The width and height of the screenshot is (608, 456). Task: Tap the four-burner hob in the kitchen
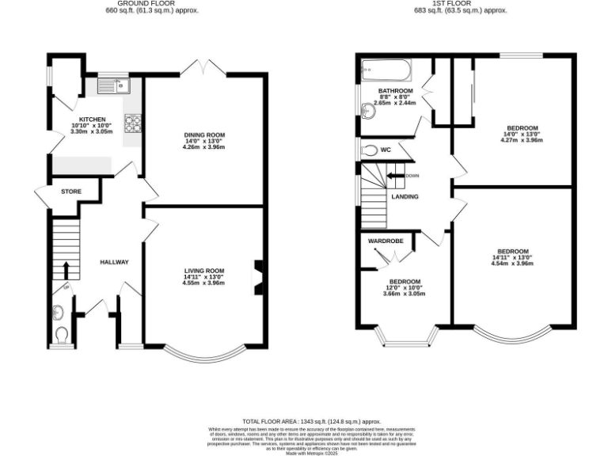(x=132, y=123)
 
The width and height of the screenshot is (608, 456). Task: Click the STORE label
(x=71, y=191)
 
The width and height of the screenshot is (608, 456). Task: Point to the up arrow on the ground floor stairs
(x=66, y=269)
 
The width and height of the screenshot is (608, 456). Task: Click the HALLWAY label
(x=114, y=262)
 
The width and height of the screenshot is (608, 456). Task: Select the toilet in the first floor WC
(x=369, y=150)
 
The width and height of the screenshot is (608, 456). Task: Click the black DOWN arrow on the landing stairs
(x=395, y=176)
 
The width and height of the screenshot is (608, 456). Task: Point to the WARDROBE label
(x=385, y=241)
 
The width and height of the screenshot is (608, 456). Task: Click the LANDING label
(x=405, y=197)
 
